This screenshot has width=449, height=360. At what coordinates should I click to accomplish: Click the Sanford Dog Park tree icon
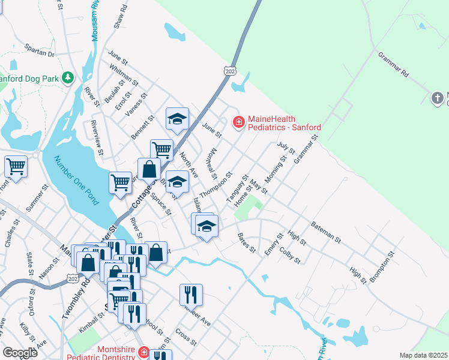[68, 77]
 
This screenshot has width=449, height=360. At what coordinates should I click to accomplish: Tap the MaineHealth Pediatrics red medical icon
[238, 122]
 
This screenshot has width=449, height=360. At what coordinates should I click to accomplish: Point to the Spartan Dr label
[39, 50]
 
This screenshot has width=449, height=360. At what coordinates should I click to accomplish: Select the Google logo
[20, 353]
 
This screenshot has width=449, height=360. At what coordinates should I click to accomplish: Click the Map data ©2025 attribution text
[423, 355]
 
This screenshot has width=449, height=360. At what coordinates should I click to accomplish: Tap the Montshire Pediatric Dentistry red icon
[143, 352]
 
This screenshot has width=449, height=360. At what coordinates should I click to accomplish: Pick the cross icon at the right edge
[438, 97]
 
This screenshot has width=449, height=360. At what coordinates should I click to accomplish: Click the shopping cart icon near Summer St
[16, 166]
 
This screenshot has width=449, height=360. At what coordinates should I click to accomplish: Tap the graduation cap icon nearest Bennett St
[177, 119]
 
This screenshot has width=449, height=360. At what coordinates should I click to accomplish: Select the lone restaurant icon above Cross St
[191, 294]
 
